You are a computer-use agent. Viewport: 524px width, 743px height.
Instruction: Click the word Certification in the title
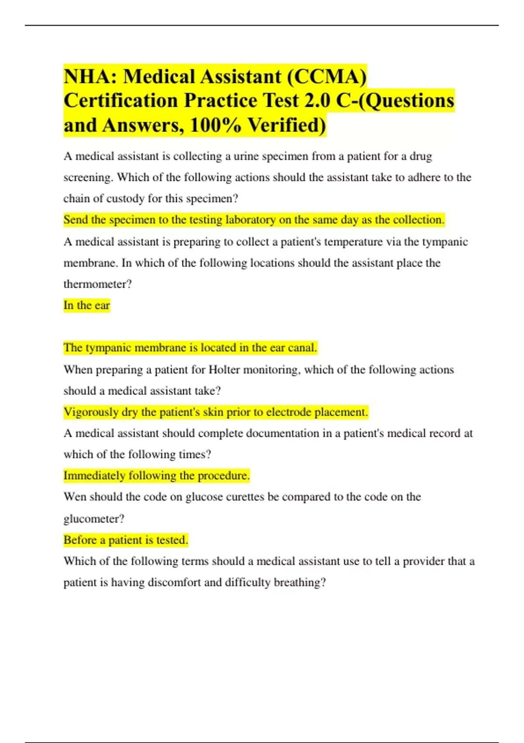point(120,101)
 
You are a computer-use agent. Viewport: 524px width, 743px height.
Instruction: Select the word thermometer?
point(97,285)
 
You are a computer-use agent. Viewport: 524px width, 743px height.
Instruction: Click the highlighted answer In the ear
point(86,306)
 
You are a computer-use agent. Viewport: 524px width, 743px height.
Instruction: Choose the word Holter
point(224,370)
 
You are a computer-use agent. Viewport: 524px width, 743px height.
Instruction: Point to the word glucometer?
point(93,519)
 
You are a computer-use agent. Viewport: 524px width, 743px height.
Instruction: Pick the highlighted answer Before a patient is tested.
point(125,540)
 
